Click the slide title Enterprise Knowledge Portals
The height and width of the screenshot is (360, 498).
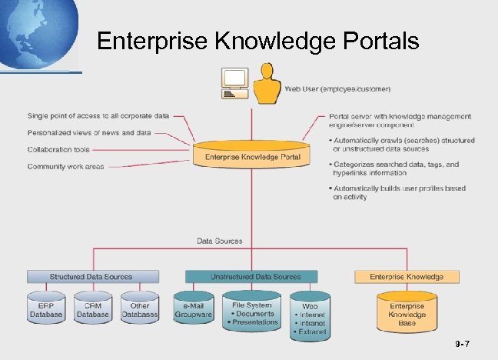[x=258, y=40]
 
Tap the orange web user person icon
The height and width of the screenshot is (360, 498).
[x=267, y=85]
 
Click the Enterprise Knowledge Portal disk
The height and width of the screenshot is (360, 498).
[x=252, y=155]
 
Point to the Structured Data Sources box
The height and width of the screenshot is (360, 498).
[x=92, y=276]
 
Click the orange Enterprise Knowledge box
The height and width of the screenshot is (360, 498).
[x=407, y=276]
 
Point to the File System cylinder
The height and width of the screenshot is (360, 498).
[x=252, y=312]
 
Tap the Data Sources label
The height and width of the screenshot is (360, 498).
[x=219, y=241]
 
